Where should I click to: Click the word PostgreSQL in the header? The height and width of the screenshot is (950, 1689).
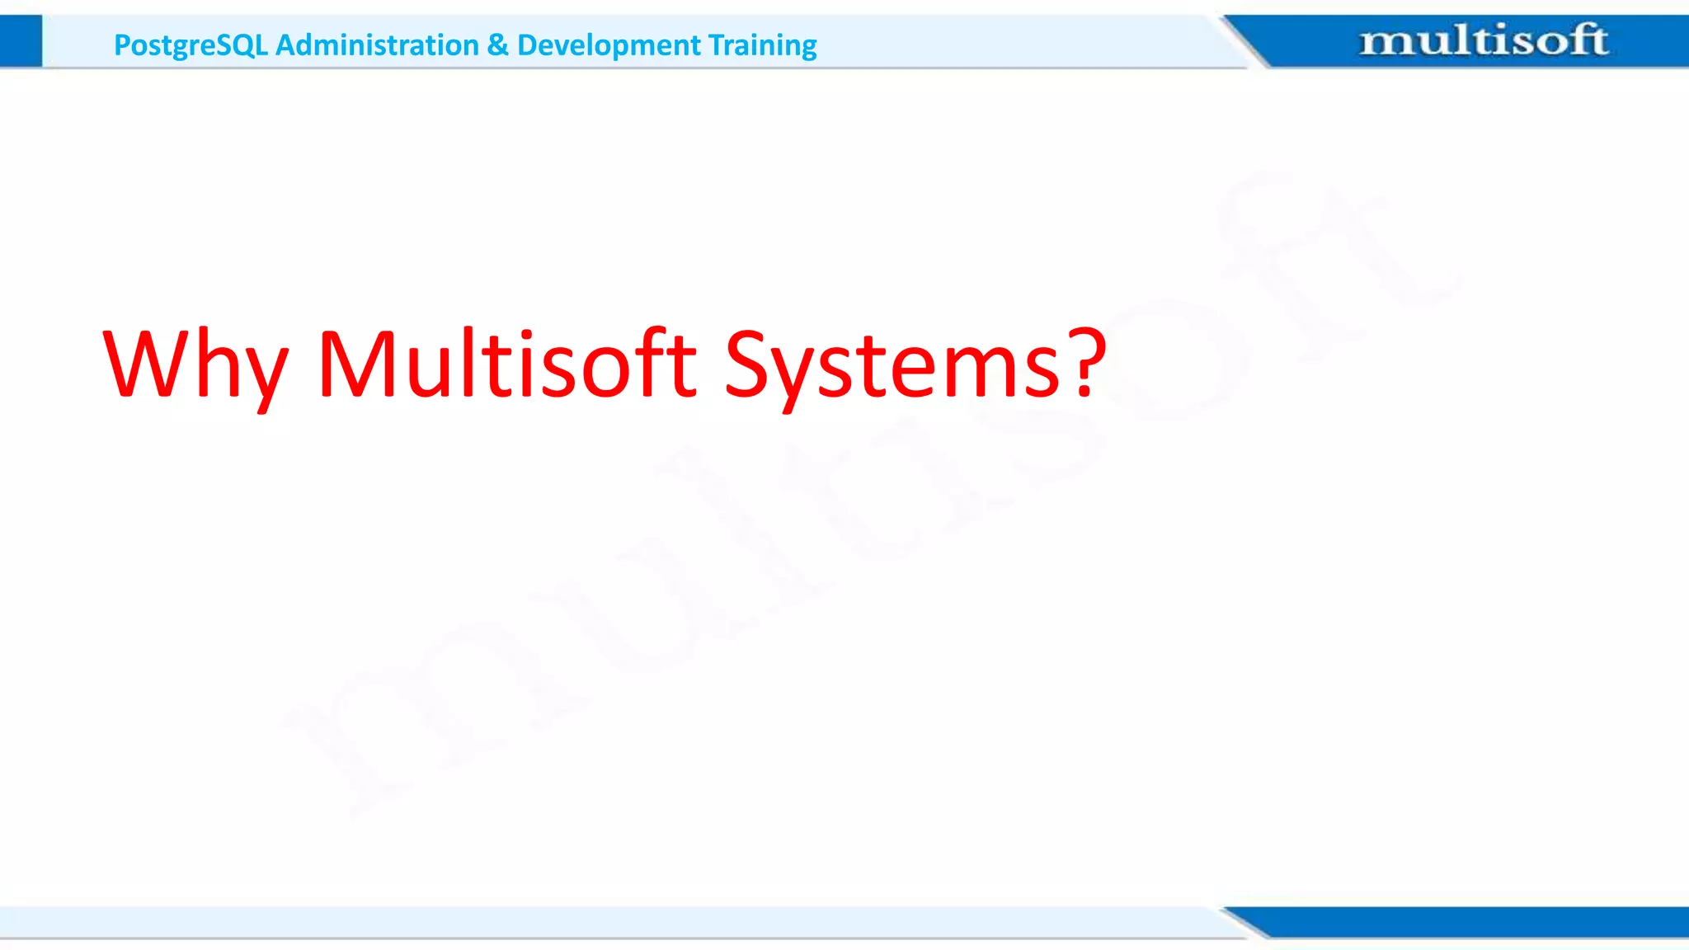coord(191,45)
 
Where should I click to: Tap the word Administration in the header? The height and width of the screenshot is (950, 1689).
coord(377,45)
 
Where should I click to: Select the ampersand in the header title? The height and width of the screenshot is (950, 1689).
coord(497,45)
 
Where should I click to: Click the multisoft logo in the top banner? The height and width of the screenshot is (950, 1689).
coord(1483,40)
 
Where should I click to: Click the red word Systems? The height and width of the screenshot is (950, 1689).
coord(891,364)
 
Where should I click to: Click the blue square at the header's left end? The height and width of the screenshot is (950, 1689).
coord(21,41)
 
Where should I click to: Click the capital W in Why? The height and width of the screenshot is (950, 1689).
coord(148,363)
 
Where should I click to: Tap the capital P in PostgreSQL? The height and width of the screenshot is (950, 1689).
coord(122,45)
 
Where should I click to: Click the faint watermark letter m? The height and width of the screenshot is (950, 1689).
coord(429,709)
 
